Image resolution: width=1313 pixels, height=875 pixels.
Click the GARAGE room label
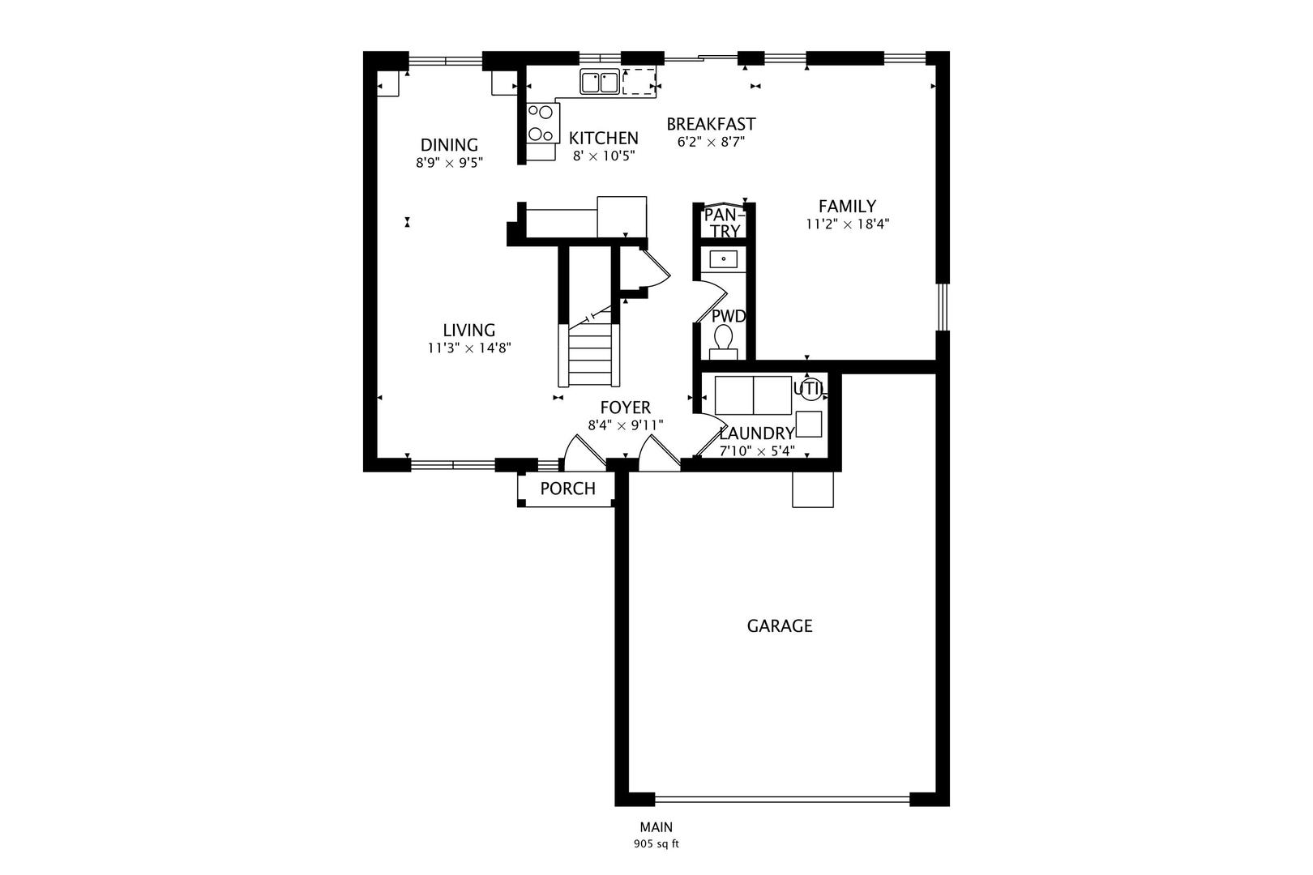pyautogui.click(x=779, y=626)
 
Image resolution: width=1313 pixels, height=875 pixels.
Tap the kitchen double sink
pyautogui.click(x=600, y=83)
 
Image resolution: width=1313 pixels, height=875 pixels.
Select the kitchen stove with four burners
pyautogui.click(x=541, y=124)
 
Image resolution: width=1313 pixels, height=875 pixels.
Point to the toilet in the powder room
pyautogui.click(x=722, y=339)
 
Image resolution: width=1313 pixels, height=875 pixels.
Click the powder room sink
pyautogui.click(x=723, y=259)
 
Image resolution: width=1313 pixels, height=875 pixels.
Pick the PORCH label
pyautogui.click(x=567, y=489)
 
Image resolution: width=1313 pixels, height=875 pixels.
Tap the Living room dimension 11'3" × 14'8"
pyautogui.click(x=469, y=348)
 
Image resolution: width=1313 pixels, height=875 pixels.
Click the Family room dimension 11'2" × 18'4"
pyautogui.click(x=847, y=224)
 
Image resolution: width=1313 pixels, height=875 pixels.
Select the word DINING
pyautogui.click(x=449, y=145)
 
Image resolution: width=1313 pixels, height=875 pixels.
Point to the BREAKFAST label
pyautogui.click(x=711, y=124)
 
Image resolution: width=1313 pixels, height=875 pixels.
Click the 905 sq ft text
pyautogui.click(x=656, y=844)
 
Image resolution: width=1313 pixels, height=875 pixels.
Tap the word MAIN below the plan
pyautogui.click(x=656, y=827)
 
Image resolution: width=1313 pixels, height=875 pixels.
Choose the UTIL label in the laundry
pyautogui.click(x=810, y=388)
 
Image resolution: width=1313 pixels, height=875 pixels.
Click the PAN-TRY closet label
pyautogui.click(x=722, y=223)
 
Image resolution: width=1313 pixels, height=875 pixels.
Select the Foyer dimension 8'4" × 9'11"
pyautogui.click(x=626, y=425)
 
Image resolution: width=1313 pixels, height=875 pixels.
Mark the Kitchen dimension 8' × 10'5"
pyautogui.click(x=604, y=156)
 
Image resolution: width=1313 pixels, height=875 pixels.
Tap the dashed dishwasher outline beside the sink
pyautogui.click(x=639, y=82)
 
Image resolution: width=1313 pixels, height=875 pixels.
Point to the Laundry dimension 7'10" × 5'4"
pyautogui.click(x=757, y=450)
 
